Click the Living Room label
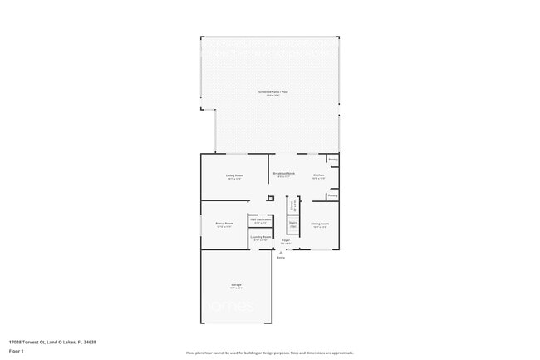pyautogui.click(x=234, y=175)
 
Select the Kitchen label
pyautogui.click(x=318, y=175)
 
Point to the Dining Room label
pyautogui.click(x=320, y=224)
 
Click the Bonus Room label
pyautogui.click(x=223, y=224)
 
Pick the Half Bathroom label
pyautogui.click(x=260, y=220)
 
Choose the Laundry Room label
pyautogui.click(x=260, y=239)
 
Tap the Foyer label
pyautogui.click(x=285, y=242)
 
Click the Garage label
pyautogui.click(x=236, y=286)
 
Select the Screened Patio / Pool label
pyautogui.click(x=270, y=92)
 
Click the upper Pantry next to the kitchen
pyautogui.click(x=332, y=159)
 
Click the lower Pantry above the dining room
pyautogui.click(x=332, y=195)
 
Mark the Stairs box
pyautogui.click(x=292, y=224)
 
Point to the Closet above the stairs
pyautogui.click(x=292, y=205)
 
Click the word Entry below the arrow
pyautogui.click(x=280, y=258)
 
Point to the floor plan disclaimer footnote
pyautogui.click(x=270, y=353)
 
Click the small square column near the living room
pyautogui.click(x=270, y=198)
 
